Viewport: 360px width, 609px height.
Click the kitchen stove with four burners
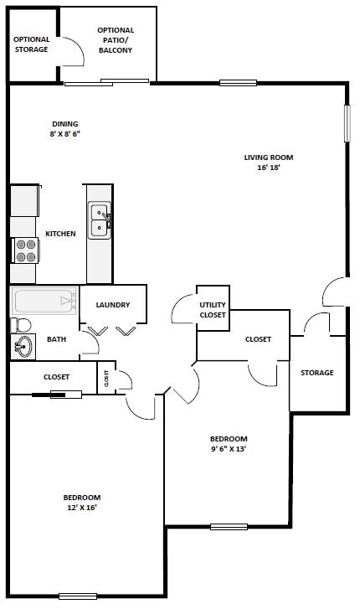tap(25, 250)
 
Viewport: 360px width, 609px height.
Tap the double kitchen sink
tap(100, 221)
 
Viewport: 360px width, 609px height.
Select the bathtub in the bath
tap(44, 300)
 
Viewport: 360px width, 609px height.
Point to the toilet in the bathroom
tap(21, 324)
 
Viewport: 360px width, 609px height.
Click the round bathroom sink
tap(23, 345)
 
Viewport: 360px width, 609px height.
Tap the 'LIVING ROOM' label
tap(269, 157)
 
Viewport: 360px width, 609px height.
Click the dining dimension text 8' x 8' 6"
tap(64, 134)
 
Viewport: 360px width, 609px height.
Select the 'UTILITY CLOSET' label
tap(212, 310)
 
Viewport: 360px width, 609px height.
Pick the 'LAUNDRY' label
tap(112, 305)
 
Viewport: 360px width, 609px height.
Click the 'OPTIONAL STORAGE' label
tap(32, 44)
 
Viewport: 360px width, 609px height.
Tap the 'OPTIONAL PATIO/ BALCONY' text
tap(116, 40)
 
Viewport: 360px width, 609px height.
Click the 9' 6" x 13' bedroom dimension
tap(228, 448)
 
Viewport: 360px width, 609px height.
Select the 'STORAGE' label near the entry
tap(317, 373)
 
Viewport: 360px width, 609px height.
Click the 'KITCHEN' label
tap(60, 234)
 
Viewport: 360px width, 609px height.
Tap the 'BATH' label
tap(56, 339)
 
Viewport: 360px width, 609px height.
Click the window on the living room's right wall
tap(346, 122)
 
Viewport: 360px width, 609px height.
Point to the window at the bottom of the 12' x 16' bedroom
tap(79, 596)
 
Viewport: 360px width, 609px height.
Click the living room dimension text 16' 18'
tap(268, 168)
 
